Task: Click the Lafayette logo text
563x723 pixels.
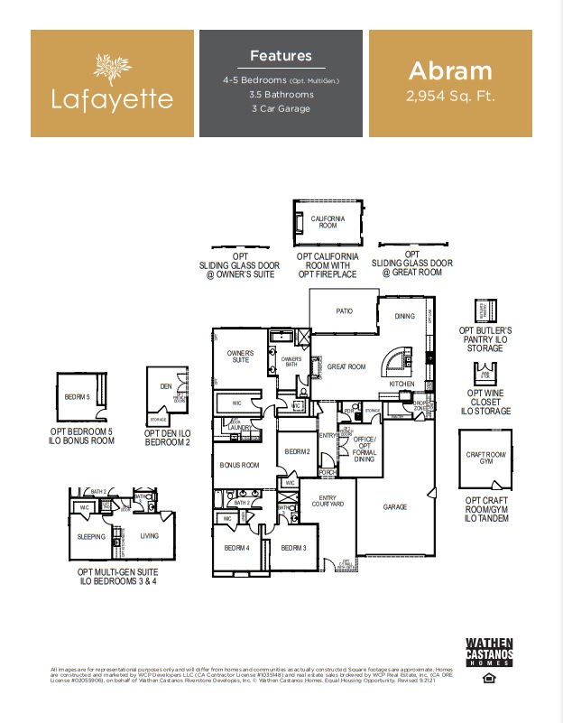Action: click(x=112, y=97)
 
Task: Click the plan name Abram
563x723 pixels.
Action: click(x=450, y=70)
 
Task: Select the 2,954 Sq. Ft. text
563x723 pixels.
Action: click(x=450, y=95)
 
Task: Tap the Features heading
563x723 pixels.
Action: click(x=281, y=56)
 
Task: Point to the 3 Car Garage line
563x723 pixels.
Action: click(x=281, y=108)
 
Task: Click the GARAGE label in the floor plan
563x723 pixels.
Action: click(x=395, y=507)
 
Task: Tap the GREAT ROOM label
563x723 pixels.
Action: click(x=346, y=366)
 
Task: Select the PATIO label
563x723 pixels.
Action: click(x=344, y=311)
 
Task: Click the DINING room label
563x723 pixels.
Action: click(x=405, y=316)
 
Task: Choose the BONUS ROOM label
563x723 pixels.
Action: click(x=239, y=465)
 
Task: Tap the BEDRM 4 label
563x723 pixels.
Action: click(x=236, y=547)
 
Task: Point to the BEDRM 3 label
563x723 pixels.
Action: click(x=293, y=547)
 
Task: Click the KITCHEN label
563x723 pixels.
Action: click(x=401, y=384)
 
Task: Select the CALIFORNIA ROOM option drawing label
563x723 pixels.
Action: click(x=328, y=221)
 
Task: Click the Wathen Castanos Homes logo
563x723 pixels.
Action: click(x=489, y=653)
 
